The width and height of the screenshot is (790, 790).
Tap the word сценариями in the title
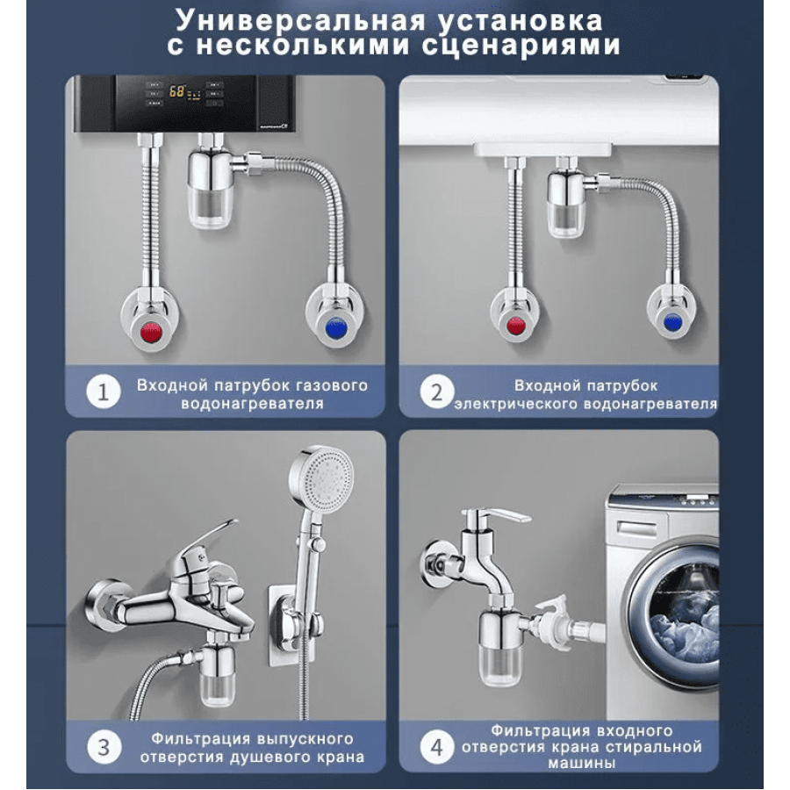pyautogui.click(x=521, y=45)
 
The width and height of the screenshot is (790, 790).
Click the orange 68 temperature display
pyautogui.click(x=176, y=91)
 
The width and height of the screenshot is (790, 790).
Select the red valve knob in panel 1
pyautogui.click(x=151, y=332)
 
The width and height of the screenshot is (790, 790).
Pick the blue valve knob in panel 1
pyautogui.click(x=336, y=328)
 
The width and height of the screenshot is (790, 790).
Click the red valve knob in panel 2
pyautogui.click(x=515, y=326)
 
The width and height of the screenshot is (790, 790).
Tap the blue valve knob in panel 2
pyautogui.click(x=672, y=321)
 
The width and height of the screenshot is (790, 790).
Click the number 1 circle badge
pyautogui.click(x=104, y=391)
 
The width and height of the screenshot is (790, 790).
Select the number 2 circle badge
pyautogui.click(x=437, y=392)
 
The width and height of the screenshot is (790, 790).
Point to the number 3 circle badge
pyautogui.click(x=104, y=747)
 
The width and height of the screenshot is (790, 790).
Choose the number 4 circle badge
pyautogui.click(x=437, y=747)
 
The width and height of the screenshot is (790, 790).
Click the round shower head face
pyautogui.click(x=322, y=478)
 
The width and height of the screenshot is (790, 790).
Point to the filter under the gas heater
pyautogui.click(x=211, y=189)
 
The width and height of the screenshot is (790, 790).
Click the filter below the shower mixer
pyautogui.click(x=218, y=675)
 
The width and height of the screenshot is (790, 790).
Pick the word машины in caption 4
pyautogui.click(x=581, y=764)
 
